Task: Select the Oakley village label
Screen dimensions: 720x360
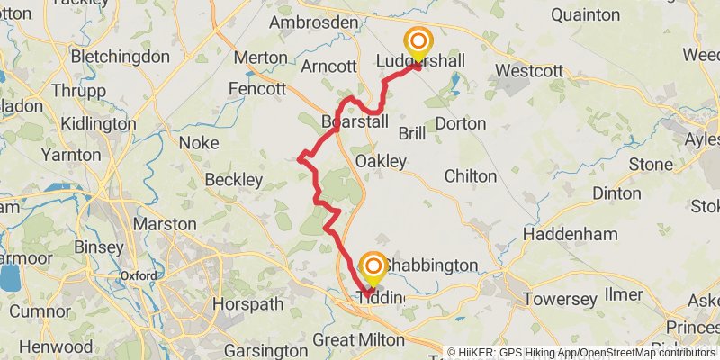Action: (381, 161)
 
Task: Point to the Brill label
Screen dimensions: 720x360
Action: (411, 133)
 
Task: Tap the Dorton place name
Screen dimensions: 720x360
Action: (460, 123)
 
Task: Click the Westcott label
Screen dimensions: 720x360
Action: (529, 70)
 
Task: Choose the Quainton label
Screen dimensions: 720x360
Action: (585, 14)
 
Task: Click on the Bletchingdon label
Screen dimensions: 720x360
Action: (120, 57)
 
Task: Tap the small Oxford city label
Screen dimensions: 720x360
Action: (139, 275)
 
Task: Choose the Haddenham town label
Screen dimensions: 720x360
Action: (570, 233)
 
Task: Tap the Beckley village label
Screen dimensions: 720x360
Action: (234, 180)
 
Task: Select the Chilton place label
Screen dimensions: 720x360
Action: (471, 176)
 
